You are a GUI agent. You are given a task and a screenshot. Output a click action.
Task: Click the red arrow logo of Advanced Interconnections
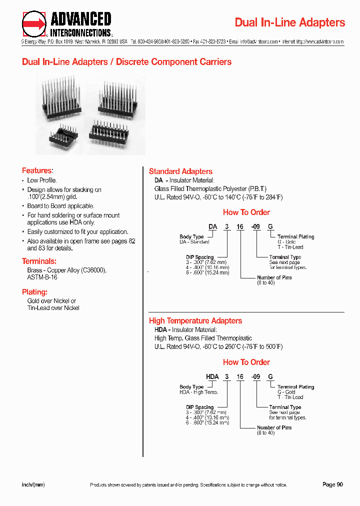tap(34, 23)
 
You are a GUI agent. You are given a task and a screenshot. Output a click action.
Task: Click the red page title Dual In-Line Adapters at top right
tap(289, 22)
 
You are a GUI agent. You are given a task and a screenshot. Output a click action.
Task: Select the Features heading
tap(37, 170)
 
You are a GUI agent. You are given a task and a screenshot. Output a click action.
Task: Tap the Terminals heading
tap(39, 261)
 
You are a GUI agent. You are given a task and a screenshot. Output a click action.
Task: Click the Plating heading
tap(34, 292)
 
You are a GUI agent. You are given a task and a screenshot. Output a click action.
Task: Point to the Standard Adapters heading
tap(180, 171)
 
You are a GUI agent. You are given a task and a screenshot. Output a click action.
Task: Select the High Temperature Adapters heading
tap(195, 321)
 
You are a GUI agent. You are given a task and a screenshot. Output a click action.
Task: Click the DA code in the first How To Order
tap(212, 226)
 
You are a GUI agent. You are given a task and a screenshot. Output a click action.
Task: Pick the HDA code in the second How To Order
tap(212, 376)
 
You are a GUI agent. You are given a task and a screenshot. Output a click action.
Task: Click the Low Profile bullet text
tap(42, 180)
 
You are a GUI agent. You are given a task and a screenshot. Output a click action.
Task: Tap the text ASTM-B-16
tap(42, 277)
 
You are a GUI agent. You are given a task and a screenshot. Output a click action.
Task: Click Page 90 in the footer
tap(332, 484)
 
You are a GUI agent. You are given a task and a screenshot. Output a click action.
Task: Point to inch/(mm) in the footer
tap(33, 484)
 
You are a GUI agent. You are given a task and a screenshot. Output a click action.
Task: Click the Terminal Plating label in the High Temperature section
tap(295, 387)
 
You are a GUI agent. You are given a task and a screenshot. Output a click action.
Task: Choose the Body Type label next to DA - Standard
tap(191, 236)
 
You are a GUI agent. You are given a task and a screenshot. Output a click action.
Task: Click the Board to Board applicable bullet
tap(60, 206)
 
